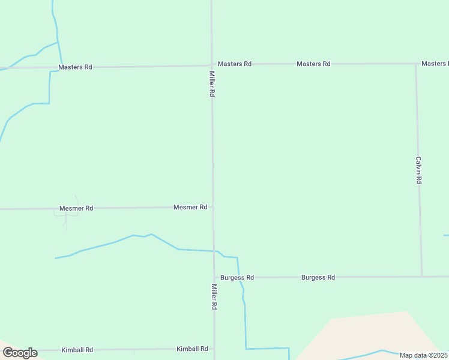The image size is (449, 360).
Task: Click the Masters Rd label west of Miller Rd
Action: [x=75, y=67]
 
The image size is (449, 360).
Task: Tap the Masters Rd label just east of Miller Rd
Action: [x=234, y=64]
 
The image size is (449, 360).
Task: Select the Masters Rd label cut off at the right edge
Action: [x=435, y=64]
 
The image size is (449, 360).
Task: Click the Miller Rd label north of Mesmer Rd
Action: [x=212, y=85]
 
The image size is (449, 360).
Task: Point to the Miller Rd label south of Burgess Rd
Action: [x=214, y=296]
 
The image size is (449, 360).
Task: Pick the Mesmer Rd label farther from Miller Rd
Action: [x=76, y=208]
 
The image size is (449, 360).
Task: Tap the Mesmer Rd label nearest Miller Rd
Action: [x=190, y=207]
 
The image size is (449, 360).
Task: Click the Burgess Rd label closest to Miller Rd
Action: [x=237, y=278]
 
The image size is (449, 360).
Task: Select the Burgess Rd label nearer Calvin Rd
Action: [x=318, y=277]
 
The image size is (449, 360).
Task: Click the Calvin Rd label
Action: [x=419, y=170]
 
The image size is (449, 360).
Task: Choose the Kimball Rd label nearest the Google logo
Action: [x=77, y=350]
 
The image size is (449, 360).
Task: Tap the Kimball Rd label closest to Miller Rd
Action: [x=192, y=349]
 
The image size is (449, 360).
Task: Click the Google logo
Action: [x=20, y=353]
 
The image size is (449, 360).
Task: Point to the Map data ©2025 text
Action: [x=423, y=355]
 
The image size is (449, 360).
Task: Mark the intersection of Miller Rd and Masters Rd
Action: [x=211, y=64]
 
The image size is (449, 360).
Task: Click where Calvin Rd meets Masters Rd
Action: [x=416, y=64]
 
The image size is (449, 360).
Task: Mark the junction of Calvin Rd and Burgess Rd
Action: [x=421, y=277]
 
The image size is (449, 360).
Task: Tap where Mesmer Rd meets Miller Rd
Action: [x=212, y=207]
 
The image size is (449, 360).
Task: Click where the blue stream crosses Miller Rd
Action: [x=214, y=251]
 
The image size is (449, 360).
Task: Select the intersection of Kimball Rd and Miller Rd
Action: [x=214, y=349]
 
